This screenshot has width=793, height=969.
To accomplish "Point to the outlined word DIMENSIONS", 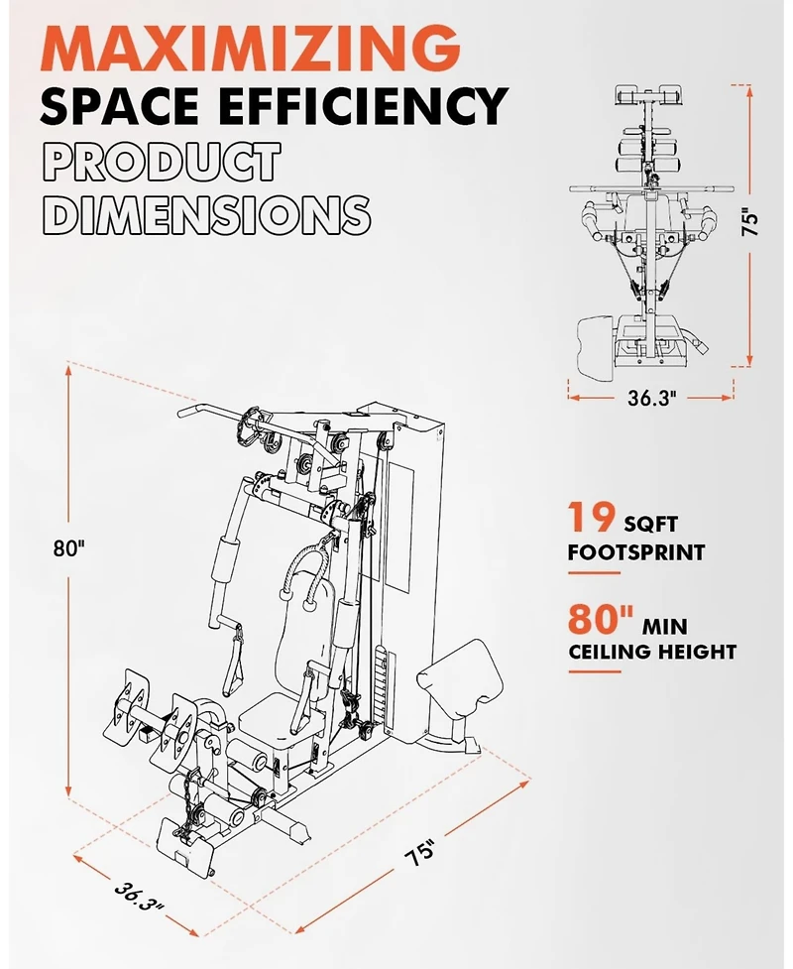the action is coord(206,214).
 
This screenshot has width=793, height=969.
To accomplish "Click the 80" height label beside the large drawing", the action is coord(68,547).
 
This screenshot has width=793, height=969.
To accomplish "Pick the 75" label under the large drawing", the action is coord(421,852).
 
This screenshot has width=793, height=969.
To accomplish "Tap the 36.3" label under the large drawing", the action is coord(139,897).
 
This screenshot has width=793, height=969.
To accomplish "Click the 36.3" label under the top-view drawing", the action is coord(649,398).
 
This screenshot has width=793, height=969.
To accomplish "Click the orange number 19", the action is coord(591,517).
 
